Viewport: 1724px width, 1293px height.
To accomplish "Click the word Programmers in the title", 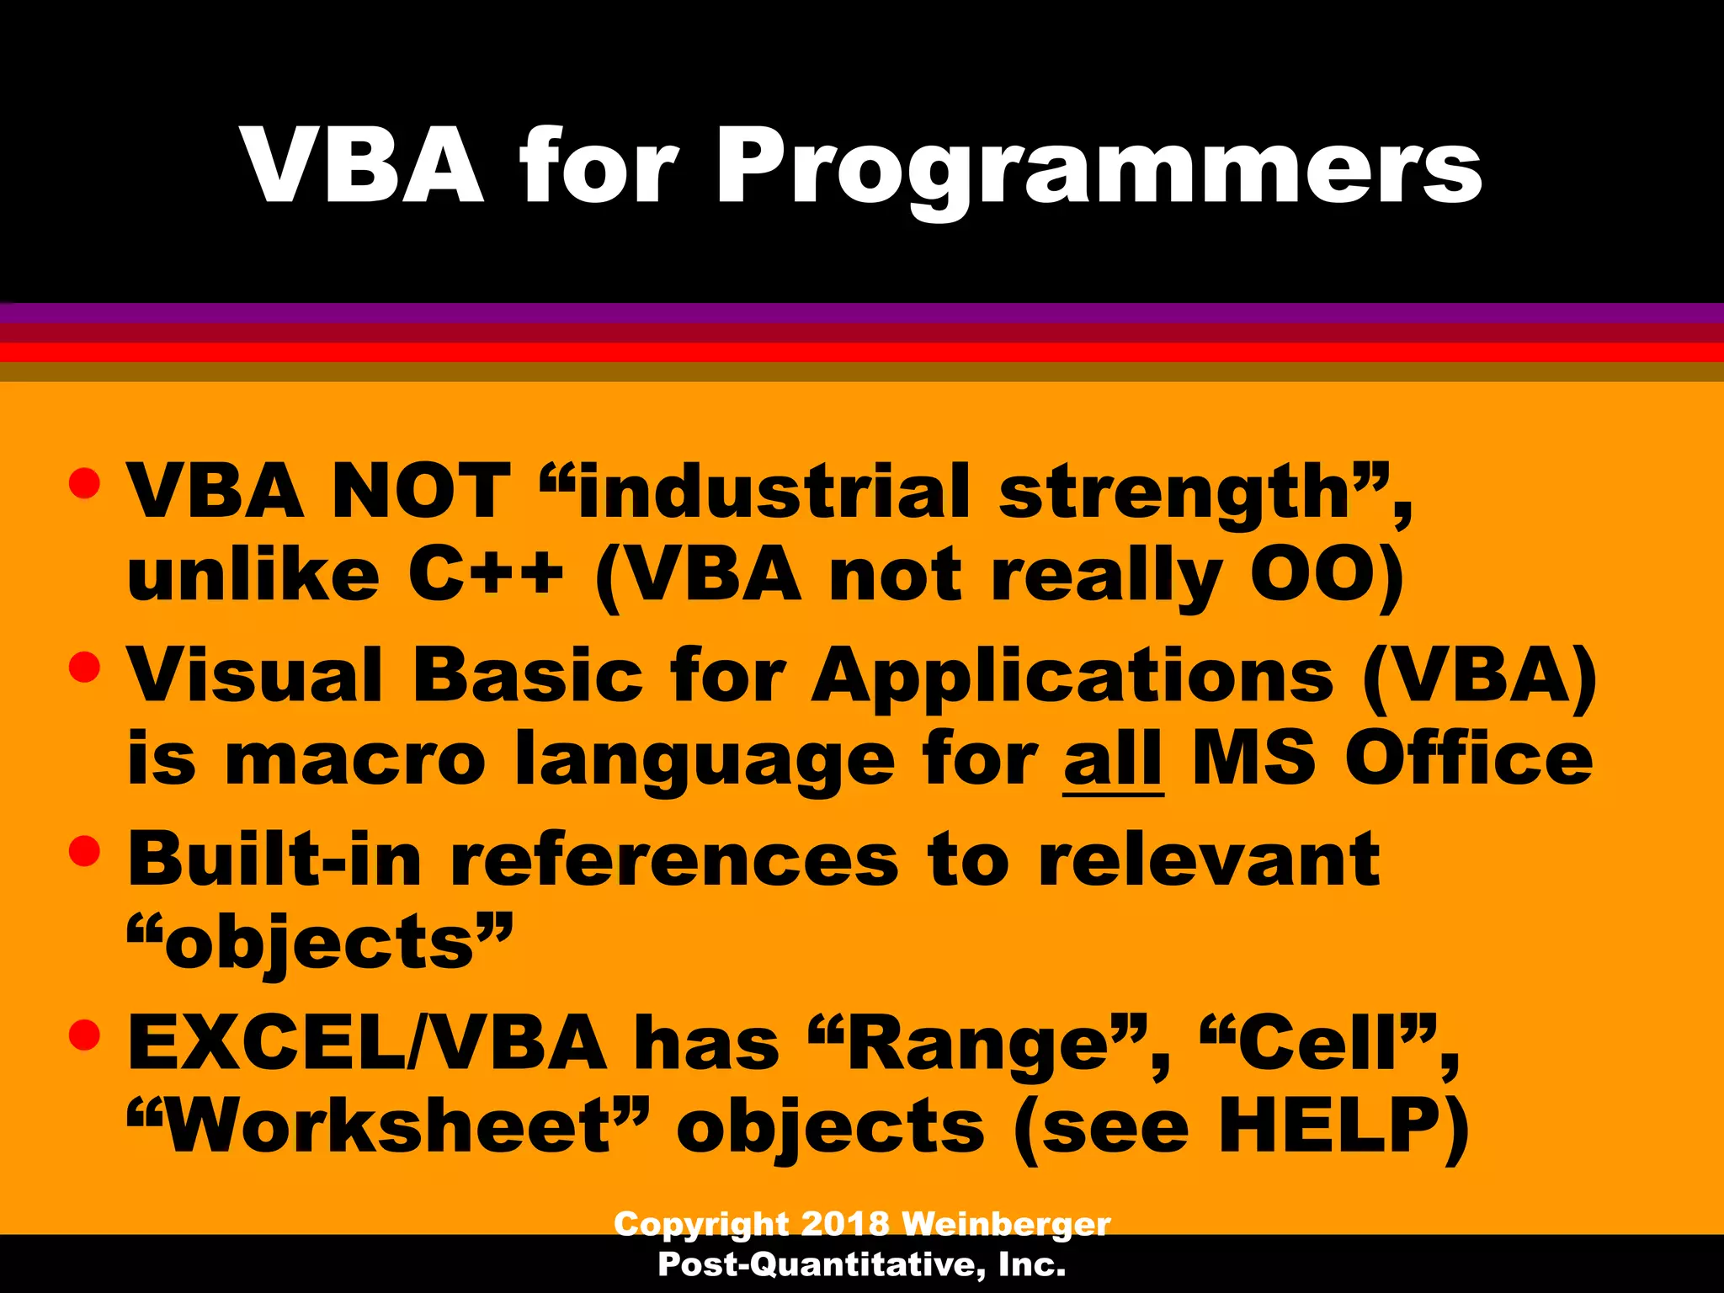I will (1098, 168).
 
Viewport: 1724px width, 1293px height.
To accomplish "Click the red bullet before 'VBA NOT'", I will (85, 483).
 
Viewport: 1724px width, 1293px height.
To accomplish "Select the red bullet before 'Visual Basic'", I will (85, 668).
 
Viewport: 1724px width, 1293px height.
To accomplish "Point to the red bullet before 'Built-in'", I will (85, 851).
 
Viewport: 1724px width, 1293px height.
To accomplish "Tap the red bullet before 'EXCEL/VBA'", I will (85, 1035).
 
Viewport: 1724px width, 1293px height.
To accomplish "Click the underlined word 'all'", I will (1113, 758).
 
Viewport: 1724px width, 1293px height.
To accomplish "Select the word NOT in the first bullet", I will (421, 492).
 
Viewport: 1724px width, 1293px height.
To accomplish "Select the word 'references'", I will (674, 859).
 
